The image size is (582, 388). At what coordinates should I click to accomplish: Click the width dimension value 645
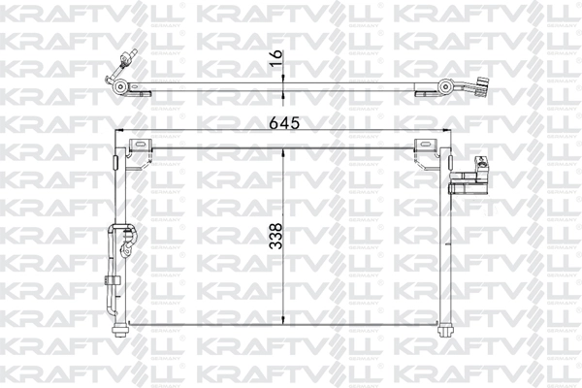point(284,121)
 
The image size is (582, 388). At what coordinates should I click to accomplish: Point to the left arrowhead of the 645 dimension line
point(118,132)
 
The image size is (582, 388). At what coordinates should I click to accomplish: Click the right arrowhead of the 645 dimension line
point(447,132)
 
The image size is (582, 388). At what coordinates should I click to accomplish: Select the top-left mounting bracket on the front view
point(142,144)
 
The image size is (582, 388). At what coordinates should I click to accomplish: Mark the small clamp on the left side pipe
point(110,280)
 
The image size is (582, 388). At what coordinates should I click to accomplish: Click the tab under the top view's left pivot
point(142,92)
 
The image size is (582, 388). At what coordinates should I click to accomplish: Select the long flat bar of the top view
point(281,86)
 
